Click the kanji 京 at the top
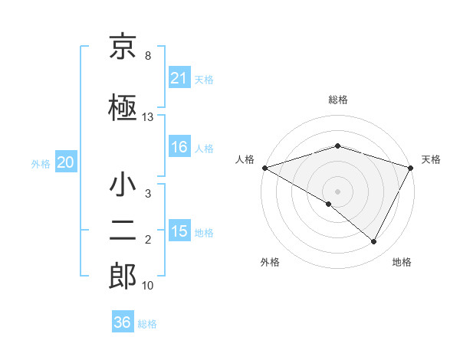[123, 47]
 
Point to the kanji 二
[123, 230]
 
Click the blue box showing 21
[179, 77]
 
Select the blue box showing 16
[179, 147]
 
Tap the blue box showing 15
[179, 231]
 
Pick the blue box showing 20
[66, 162]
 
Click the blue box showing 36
[123, 322]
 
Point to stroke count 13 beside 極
[148, 117]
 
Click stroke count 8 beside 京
[147, 56]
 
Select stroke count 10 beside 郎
[148, 286]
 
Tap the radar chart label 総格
[338, 100]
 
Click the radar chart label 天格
[431, 159]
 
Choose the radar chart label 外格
[270, 262]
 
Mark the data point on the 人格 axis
[264, 168]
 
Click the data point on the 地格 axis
[374, 242]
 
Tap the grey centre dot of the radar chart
[337, 191]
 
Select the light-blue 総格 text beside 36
[147, 324]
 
